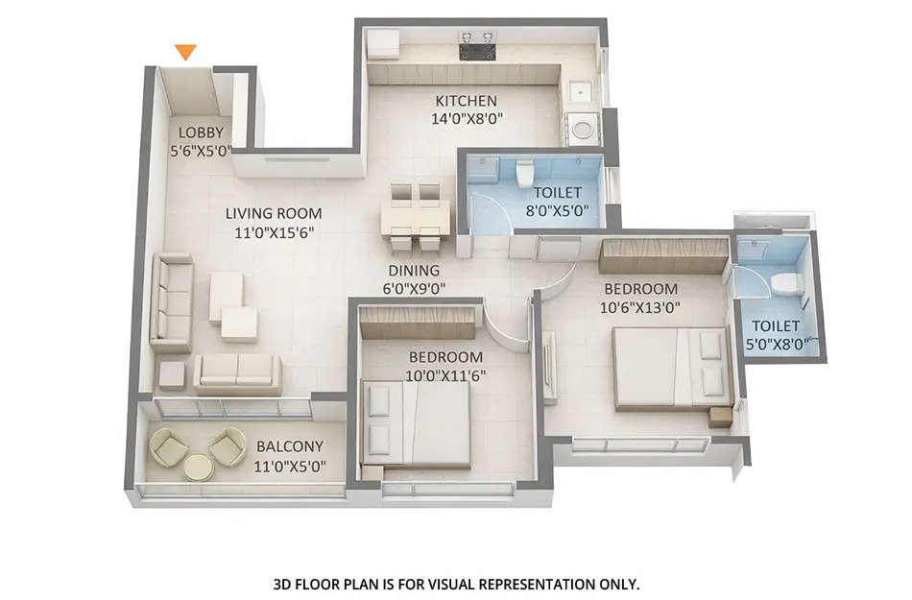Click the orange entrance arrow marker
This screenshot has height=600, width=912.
tap(186, 52)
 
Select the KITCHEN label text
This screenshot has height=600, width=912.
tap(467, 101)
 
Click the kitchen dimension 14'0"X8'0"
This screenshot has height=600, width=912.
tap(467, 119)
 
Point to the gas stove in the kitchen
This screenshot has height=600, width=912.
tap(477, 46)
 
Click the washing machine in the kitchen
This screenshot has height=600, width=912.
tap(581, 129)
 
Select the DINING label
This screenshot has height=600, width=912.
tap(414, 271)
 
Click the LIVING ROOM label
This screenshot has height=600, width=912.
tap(274, 213)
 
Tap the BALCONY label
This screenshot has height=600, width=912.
tap(290, 446)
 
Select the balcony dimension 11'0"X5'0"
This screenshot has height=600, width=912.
tap(290, 467)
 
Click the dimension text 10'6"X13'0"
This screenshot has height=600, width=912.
tap(640, 307)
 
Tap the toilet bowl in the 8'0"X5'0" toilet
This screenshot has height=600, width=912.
tap(525, 174)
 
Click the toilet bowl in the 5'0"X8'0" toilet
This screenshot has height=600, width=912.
tap(787, 283)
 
